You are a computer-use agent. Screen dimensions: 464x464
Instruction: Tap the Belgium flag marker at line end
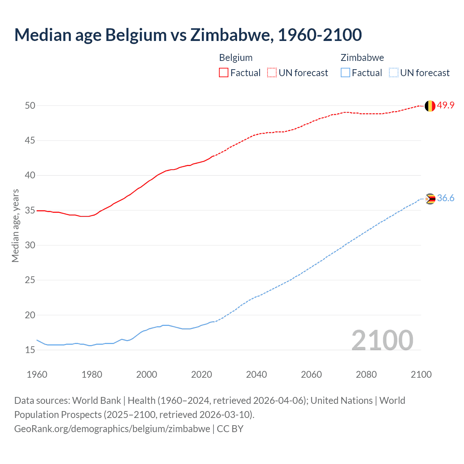(x=430, y=106)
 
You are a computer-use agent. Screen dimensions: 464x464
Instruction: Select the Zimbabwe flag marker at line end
(x=430, y=199)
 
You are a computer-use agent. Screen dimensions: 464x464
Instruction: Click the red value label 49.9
(x=446, y=105)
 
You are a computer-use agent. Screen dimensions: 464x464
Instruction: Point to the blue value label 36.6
(x=446, y=198)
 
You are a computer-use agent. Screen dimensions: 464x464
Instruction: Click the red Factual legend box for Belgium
(x=224, y=73)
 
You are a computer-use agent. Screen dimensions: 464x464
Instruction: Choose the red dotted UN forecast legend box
(x=272, y=73)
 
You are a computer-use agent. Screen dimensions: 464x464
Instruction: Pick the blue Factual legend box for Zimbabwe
(x=345, y=73)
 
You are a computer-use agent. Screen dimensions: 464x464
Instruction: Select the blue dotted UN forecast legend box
(x=393, y=73)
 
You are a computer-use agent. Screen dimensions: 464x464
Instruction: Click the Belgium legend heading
(x=236, y=58)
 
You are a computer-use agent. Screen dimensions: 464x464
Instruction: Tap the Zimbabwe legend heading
(x=362, y=58)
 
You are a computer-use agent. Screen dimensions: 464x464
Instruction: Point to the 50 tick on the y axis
(x=30, y=105)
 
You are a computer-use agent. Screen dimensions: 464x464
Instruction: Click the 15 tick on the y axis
(x=30, y=350)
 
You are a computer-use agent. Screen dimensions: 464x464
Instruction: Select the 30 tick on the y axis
(x=30, y=245)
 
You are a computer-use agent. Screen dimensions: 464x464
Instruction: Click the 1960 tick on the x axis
(x=37, y=374)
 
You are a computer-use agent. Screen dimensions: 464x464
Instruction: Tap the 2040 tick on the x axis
(x=256, y=374)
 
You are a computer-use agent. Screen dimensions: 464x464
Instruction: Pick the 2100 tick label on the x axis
(x=421, y=374)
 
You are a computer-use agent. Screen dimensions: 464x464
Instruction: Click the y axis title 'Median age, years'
(x=15, y=225)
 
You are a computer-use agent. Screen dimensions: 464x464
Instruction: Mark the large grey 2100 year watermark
(x=382, y=340)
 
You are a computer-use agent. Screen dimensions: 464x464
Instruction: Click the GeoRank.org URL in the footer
(x=112, y=429)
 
